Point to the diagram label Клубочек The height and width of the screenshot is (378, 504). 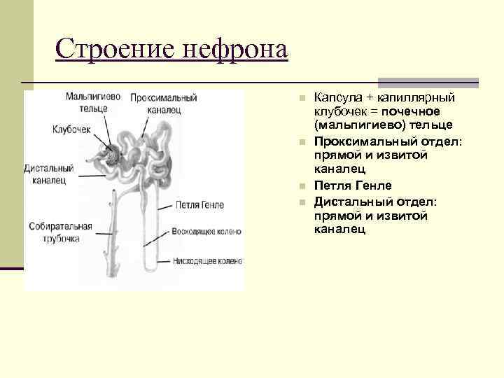[x=71, y=129]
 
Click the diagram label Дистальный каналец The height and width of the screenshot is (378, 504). [x=48, y=174]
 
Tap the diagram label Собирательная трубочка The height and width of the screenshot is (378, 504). [x=61, y=232]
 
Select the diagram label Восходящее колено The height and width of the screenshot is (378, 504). [x=207, y=231]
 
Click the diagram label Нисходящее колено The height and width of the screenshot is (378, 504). [x=208, y=261]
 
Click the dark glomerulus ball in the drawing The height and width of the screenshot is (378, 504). [x=112, y=155]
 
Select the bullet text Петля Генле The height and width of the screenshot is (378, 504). [x=353, y=185]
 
